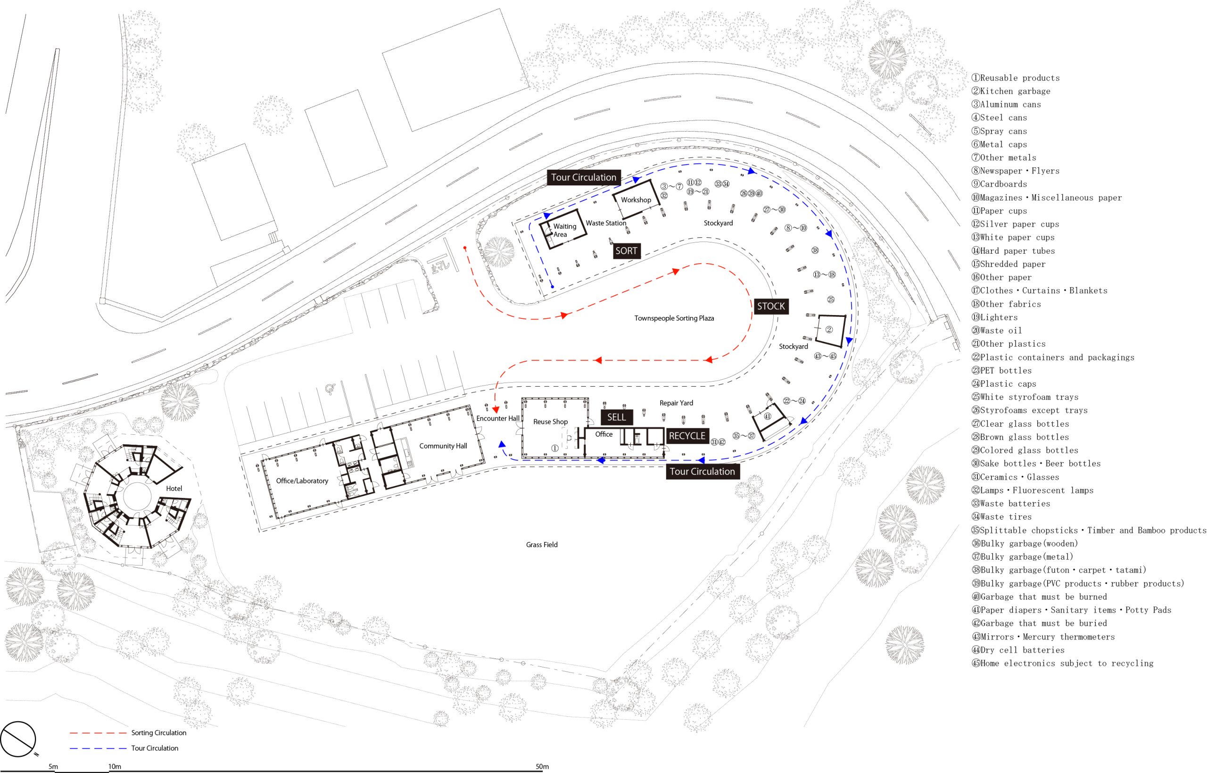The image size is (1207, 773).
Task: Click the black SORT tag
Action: pos(627,250)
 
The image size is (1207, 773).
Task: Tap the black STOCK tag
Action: pos(771,306)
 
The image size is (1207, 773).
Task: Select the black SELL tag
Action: pos(617,417)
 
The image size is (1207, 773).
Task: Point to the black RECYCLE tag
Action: pos(687,436)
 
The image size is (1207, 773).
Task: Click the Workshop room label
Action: pos(636,200)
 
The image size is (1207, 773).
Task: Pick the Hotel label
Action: pos(174,489)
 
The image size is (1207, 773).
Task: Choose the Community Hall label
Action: pos(443,446)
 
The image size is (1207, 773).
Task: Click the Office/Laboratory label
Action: pos(302,481)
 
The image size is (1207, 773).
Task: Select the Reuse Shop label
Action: pos(550,422)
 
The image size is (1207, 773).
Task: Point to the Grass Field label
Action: pos(542,545)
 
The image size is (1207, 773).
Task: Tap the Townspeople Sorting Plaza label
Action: pos(674,318)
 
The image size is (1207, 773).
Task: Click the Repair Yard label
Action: pos(676,403)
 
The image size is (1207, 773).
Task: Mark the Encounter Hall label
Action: pos(497,418)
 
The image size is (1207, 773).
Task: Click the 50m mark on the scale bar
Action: pos(542,766)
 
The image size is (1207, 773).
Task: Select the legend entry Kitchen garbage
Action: pos(1011,91)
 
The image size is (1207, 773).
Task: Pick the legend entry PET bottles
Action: pos(1002,370)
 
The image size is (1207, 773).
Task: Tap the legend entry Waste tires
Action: pos(1002,516)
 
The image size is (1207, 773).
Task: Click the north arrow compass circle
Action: pos(18,740)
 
